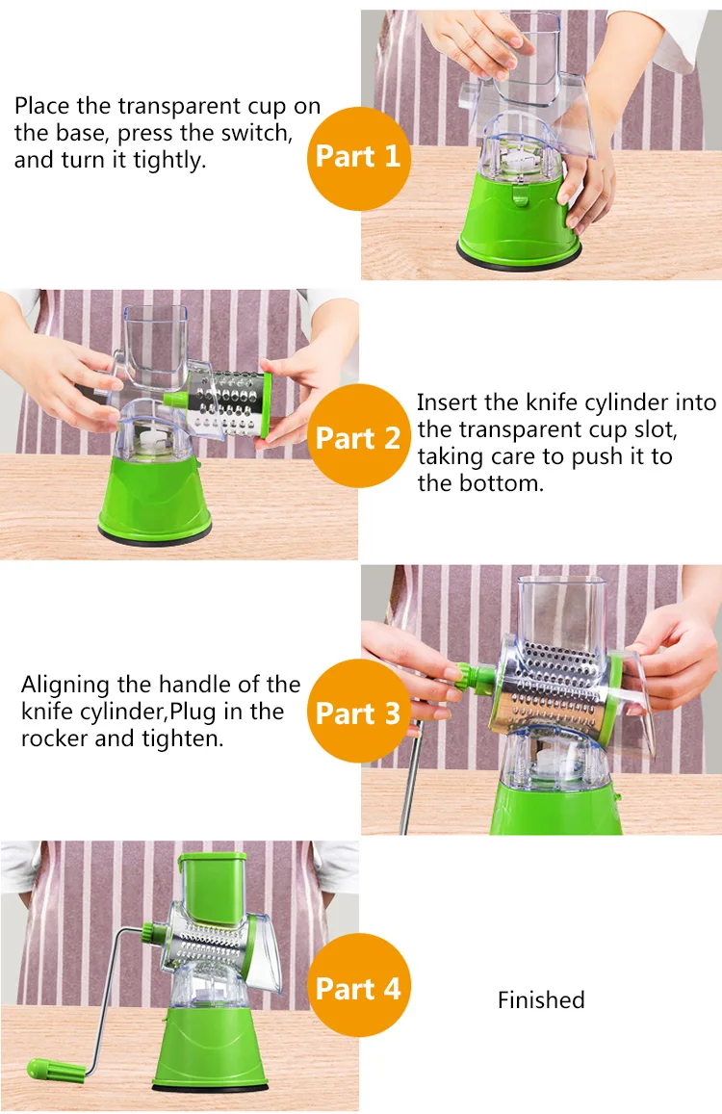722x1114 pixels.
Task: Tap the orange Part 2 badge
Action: click(358, 435)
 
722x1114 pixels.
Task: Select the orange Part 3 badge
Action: click(358, 711)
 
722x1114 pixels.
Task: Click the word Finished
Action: click(541, 999)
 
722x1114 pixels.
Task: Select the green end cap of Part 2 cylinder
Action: click(266, 404)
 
